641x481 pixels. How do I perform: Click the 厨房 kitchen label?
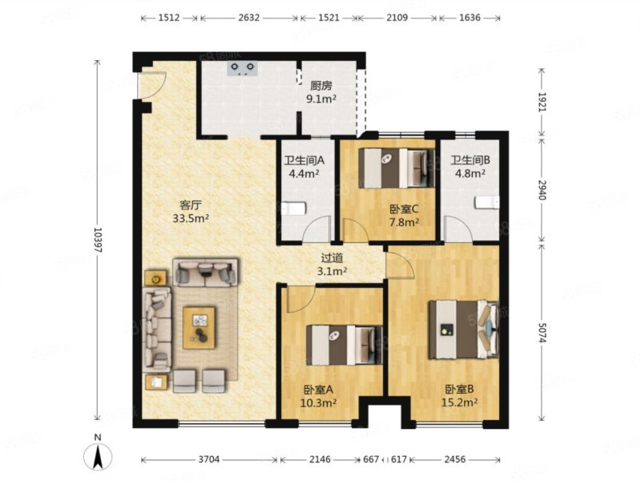point(321,86)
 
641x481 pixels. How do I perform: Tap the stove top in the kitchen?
point(243,68)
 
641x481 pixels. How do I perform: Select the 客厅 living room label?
point(191,205)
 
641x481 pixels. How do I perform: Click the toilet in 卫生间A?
point(293,208)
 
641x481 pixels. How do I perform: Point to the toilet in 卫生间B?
point(487,202)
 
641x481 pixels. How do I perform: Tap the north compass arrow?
point(98,455)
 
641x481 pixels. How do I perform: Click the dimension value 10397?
point(97,240)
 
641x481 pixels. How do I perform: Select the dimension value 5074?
point(542,333)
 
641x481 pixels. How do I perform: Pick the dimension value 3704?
point(209,459)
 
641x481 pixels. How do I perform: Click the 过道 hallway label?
point(332,258)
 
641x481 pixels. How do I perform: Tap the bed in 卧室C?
point(397,168)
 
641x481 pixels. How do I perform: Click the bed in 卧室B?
point(464,329)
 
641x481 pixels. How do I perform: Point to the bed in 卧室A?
point(345,345)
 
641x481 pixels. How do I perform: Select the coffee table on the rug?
point(199,328)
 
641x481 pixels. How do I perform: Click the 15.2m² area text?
point(459,403)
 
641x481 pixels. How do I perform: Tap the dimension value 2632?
point(248,18)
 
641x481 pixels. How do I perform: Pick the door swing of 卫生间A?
point(316,228)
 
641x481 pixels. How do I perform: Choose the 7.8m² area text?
point(404,223)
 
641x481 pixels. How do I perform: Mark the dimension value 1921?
point(542,102)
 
